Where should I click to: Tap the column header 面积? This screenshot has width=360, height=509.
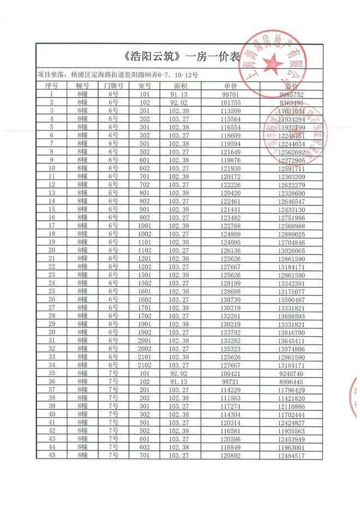pos(181,86)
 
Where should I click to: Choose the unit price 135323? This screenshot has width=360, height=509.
pos(231,349)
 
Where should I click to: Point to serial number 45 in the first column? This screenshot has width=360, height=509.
pos(51,456)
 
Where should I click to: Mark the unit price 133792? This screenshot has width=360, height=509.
pos(231,332)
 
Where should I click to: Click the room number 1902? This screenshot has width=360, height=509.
pos(145,332)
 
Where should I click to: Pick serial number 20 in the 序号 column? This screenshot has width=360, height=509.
pos(51,250)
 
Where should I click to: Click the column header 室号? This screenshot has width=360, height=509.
pos(145,86)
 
